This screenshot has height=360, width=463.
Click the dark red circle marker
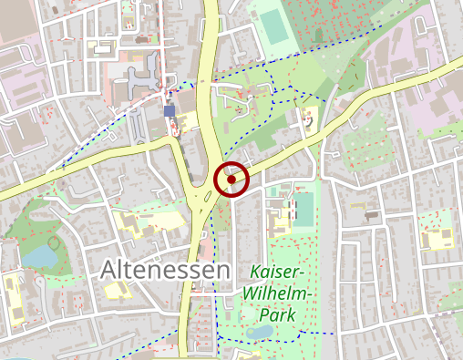[x=231, y=180]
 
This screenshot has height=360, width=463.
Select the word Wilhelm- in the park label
[x=279, y=293]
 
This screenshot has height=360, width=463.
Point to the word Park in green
[x=278, y=315]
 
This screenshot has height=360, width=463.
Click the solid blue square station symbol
[x=170, y=110]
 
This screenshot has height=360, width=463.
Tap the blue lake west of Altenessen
[x=38, y=258]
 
